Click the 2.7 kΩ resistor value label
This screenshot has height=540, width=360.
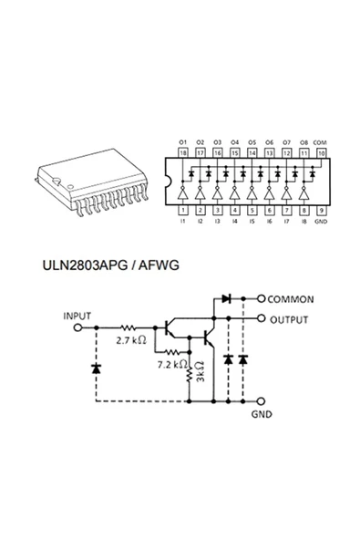pos(131,340)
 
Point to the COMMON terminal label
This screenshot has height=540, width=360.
pos(292,299)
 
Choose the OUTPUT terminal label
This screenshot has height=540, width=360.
pos(289,319)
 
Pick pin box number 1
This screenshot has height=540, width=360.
pos(183,209)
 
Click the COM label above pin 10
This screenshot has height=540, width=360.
pos(320,143)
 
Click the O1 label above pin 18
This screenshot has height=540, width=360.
pos(183,143)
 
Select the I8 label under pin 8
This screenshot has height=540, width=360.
pos(303,222)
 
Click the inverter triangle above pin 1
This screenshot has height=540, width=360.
pos(183,193)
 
